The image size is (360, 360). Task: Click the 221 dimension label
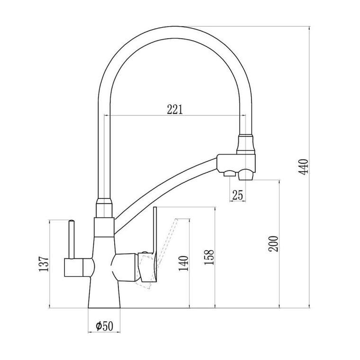175,109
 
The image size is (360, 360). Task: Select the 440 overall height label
304,167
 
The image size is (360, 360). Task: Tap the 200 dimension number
273,244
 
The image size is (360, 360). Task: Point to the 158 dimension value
209,257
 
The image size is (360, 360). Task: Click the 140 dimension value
183,263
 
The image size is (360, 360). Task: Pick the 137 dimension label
44,264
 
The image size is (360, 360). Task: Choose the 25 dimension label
237,195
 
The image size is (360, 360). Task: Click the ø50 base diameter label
105,326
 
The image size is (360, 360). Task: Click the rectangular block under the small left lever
73,267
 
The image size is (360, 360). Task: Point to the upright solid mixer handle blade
155,232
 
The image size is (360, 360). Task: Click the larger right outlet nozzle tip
246,176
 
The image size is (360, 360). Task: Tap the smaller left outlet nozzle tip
230,174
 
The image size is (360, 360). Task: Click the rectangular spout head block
236,163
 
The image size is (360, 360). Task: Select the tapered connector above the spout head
246,144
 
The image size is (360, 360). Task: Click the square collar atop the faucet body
104,227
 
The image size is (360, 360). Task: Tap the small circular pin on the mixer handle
144,252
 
